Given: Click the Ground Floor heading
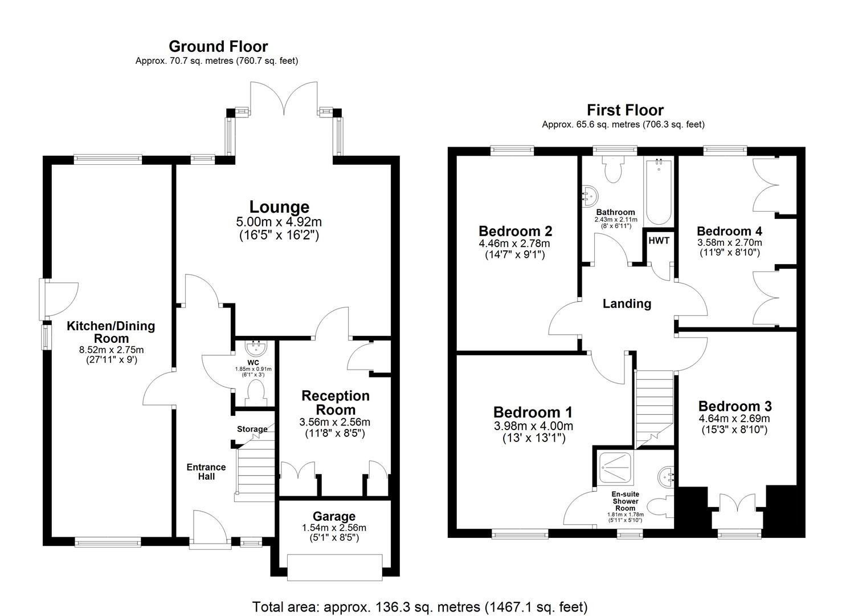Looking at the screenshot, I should pos(218,46).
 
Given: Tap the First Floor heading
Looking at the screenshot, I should pos(625,110).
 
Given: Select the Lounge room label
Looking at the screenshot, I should pos(279,207).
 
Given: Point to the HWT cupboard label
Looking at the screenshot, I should pos(659,241).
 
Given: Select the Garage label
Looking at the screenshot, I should pos(334,517).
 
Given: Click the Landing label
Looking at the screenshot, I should pos(627,303).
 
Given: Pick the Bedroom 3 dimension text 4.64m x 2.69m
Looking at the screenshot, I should pos(735,419).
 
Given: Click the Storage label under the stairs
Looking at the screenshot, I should pos(252,429).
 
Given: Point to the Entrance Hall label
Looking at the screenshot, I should pos(206,472).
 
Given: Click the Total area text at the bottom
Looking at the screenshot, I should pos(420,606).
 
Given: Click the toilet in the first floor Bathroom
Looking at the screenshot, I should pos(614,169).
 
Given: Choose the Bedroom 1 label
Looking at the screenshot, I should pos(533,412).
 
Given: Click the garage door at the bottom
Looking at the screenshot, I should pos(334,568).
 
